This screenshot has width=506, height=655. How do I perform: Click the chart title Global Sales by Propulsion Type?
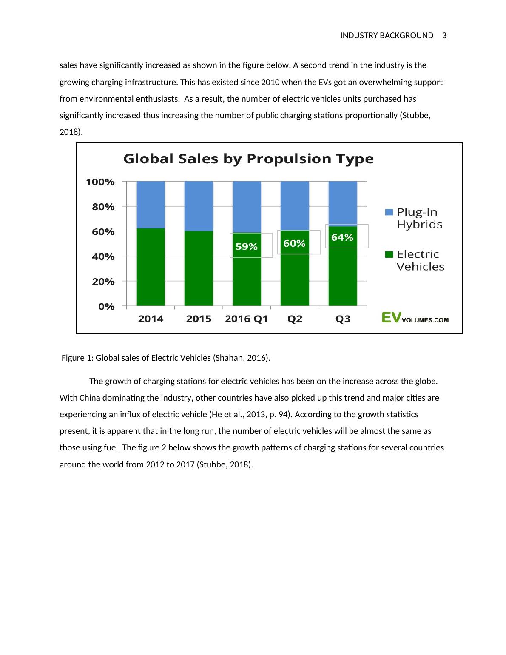(x=248, y=159)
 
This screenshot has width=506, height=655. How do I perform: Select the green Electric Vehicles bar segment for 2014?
(x=151, y=267)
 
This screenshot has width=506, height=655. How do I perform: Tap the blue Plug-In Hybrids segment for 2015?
(x=199, y=206)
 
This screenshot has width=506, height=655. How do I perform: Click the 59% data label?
(x=247, y=247)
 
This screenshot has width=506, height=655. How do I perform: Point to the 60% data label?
(x=294, y=244)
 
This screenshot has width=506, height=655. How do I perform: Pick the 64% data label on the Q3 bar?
(x=342, y=238)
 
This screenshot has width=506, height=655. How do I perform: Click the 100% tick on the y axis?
(x=100, y=182)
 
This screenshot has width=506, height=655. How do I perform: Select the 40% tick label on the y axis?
(x=103, y=257)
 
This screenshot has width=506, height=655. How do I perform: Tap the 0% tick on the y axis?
(x=106, y=307)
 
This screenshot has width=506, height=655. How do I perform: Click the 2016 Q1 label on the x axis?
(x=247, y=319)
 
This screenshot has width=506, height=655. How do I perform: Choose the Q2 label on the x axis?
(x=295, y=319)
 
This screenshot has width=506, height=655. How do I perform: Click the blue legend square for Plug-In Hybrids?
(x=389, y=212)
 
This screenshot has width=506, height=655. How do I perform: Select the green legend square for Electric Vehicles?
(x=389, y=254)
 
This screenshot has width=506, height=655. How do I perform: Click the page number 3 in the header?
(x=444, y=36)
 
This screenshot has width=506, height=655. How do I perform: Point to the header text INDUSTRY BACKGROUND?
(x=387, y=36)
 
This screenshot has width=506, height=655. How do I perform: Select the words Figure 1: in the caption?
(x=77, y=358)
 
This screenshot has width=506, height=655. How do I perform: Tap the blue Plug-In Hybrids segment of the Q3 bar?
(x=343, y=202)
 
